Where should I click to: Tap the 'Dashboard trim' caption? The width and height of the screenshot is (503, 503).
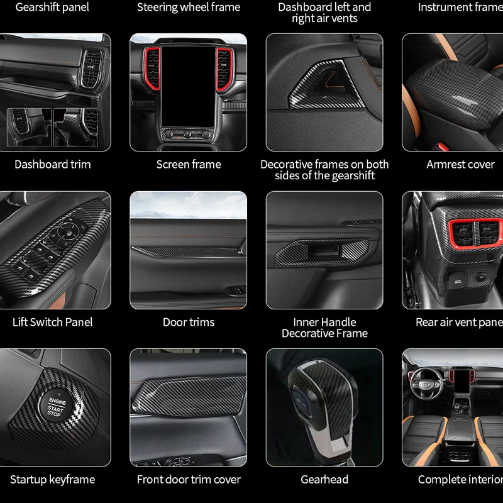53,165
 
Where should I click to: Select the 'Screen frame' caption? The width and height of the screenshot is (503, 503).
189,165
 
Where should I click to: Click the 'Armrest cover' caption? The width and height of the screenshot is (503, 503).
460,165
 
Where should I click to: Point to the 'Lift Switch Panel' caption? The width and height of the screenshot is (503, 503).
53,322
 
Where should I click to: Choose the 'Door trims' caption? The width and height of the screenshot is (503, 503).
189,322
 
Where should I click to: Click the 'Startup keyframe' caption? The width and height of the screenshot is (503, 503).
53,480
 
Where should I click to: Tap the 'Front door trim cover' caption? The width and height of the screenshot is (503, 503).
189,480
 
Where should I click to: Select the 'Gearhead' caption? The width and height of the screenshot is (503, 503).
324,480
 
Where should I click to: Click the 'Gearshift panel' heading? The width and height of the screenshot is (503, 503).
53,8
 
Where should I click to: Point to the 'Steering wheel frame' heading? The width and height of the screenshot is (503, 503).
189,8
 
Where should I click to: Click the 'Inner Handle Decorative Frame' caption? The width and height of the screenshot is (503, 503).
324,328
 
